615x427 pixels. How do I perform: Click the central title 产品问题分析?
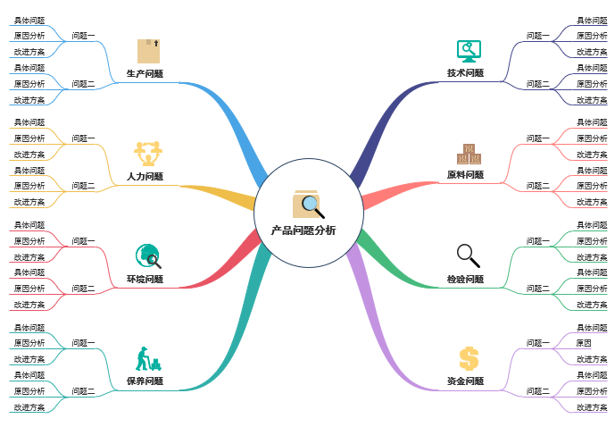pyautogui.click(x=303, y=230)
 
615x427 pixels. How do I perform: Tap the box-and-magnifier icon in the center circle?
pyautogui.click(x=308, y=205)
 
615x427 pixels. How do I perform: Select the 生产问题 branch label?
pyautogui.click(x=145, y=73)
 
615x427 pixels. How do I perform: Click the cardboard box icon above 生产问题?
pyautogui.click(x=148, y=50)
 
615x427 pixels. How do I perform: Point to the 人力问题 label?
pyautogui.click(x=145, y=176)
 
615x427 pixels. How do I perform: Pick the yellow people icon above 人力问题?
pyautogui.click(x=147, y=152)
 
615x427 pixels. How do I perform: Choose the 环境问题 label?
pyautogui.click(x=145, y=280)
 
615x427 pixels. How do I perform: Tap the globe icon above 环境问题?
pyautogui.click(x=148, y=256)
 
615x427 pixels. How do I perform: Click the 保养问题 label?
pyautogui.click(x=145, y=381)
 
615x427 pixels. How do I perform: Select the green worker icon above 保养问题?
pyautogui.click(x=147, y=358)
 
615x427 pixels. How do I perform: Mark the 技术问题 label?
pyautogui.click(x=465, y=73)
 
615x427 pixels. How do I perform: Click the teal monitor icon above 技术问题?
pyautogui.click(x=469, y=50)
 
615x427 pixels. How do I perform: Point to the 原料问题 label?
pyautogui.click(x=465, y=175)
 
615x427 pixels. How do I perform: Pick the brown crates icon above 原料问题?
pyautogui.click(x=469, y=153)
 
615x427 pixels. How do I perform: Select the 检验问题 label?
pyautogui.click(x=465, y=280)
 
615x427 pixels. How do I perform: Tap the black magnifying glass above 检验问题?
pyautogui.click(x=469, y=255)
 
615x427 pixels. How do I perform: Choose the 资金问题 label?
pyautogui.click(x=465, y=381)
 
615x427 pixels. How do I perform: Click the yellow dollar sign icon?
pyautogui.click(x=469, y=358)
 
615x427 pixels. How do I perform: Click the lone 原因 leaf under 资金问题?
pyautogui.click(x=584, y=343)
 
